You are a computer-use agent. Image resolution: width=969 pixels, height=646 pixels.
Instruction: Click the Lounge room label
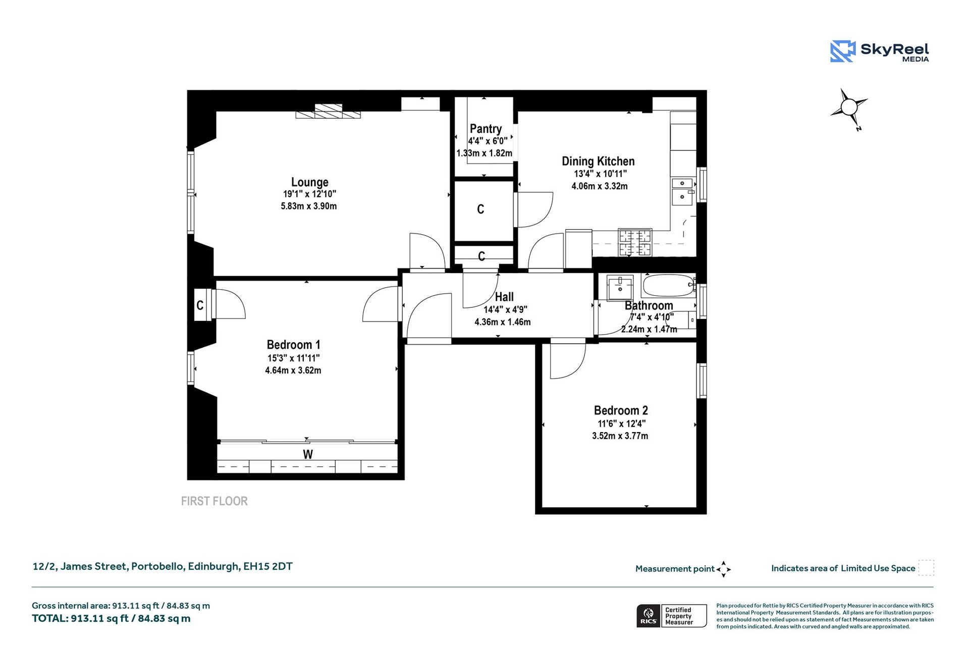[309, 182]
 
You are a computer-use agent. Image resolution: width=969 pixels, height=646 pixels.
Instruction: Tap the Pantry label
[486, 129]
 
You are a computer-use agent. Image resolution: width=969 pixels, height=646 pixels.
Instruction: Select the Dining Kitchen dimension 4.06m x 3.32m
[599, 186]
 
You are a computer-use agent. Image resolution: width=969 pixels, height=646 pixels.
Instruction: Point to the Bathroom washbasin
[619, 288]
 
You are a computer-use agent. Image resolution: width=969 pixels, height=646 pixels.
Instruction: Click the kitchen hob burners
[635, 242]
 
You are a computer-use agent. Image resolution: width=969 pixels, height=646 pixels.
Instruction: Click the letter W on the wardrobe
[308, 454]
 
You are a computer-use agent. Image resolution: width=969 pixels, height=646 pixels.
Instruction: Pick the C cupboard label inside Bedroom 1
[200, 305]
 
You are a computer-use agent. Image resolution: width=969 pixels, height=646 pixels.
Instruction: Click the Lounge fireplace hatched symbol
[328, 112]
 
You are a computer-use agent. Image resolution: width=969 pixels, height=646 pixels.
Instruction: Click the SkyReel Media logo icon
[842, 51]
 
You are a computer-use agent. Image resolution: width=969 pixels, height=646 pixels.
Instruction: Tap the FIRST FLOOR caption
[214, 501]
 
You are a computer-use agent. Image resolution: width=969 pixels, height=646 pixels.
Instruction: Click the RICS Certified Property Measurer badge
[672, 616]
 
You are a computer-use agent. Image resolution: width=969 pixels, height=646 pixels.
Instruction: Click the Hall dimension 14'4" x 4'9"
[505, 310]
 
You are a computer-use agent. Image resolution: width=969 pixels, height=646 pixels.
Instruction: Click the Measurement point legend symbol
[723, 569]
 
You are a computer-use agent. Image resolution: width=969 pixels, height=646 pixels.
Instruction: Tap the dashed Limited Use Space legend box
[926, 568]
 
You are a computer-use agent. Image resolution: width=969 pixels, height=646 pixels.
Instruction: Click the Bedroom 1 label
[293, 345]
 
